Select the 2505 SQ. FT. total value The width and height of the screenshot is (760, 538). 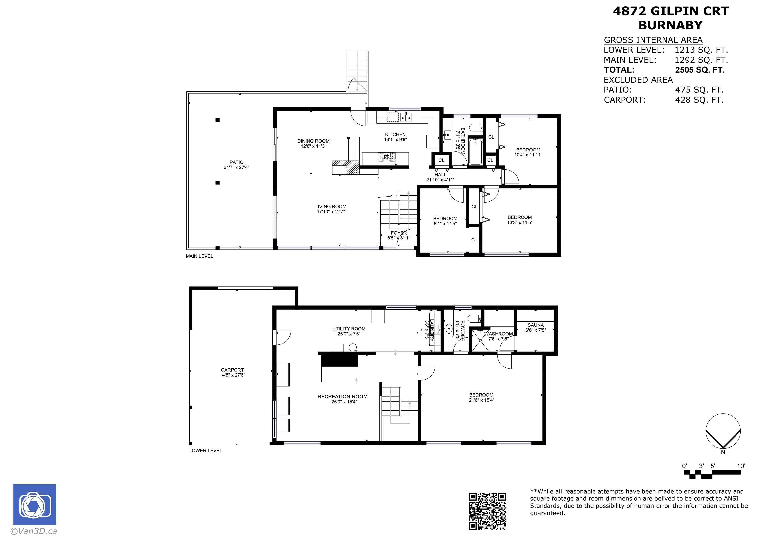[700, 70]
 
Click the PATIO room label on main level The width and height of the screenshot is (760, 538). [237, 162]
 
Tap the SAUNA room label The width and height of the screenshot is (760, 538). [536, 325]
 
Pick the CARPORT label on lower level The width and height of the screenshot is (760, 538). [232, 370]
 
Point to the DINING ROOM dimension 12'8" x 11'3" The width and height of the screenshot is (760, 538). [313, 146]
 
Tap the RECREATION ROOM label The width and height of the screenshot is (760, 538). [342, 397]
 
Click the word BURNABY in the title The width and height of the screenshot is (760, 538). [670, 25]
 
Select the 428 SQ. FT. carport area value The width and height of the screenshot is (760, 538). [699, 100]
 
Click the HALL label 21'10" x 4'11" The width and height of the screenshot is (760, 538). [440, 177]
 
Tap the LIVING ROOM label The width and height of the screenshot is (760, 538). [331, 206]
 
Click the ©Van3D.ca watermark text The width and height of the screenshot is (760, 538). [34, 531]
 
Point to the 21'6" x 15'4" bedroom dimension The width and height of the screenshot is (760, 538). [481, 400]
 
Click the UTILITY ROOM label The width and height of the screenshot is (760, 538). [349, 329]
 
